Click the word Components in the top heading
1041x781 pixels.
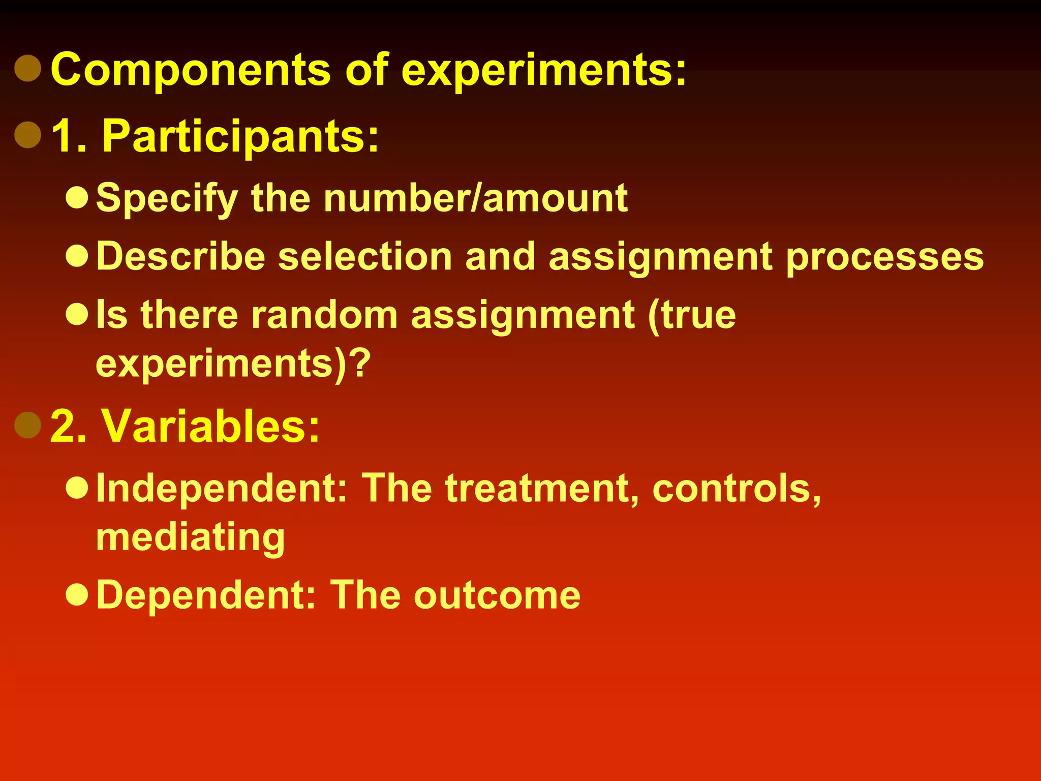pos(191,70)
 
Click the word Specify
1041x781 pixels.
pos(167,198)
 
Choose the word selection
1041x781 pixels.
pos(365,256)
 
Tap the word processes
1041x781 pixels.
pos(885,257)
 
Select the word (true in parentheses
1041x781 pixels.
pos(692,315)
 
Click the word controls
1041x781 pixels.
pos(737,488)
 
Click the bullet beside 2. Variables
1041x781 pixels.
pos(28,425)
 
